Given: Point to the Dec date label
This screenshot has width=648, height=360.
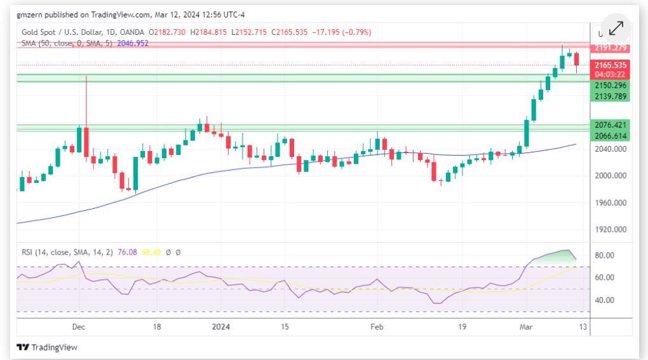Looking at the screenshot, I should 79,327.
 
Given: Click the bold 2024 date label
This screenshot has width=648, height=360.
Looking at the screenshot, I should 220,327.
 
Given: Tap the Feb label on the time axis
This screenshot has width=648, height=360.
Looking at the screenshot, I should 377,327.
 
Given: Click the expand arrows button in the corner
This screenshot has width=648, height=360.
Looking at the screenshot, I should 616,29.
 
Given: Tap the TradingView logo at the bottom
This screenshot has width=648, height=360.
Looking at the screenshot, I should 47,347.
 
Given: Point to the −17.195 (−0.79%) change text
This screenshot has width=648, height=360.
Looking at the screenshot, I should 341,32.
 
